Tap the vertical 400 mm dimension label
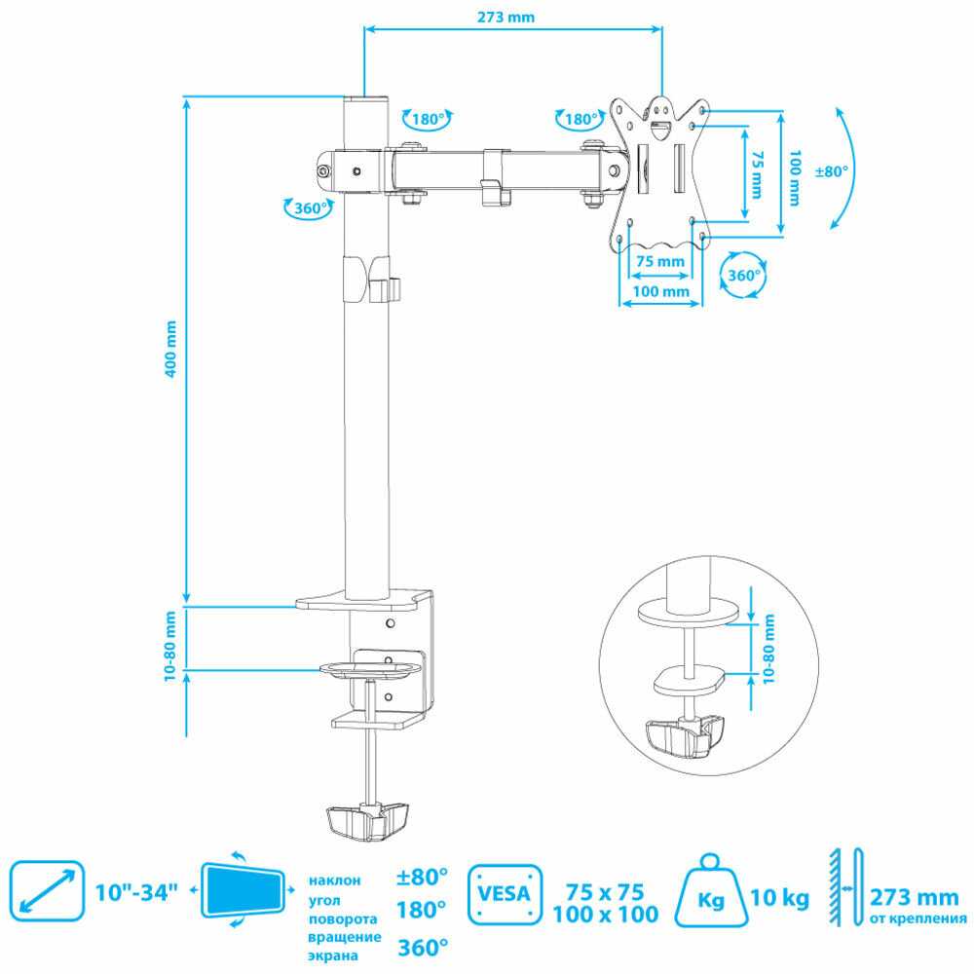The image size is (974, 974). point(172,349)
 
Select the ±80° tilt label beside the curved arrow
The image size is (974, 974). point(832,170)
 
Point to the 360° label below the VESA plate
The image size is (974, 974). point(744,276)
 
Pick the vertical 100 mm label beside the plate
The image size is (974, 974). point(795,176)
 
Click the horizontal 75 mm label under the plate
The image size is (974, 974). point(660,261)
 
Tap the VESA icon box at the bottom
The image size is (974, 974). point(504,890)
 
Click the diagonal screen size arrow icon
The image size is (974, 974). point(48,889)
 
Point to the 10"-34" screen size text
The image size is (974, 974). point(137,891)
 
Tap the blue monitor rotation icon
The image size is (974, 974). point(243,890)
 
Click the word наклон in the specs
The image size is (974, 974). point(334,880)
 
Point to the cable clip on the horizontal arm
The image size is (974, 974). point(496,177)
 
